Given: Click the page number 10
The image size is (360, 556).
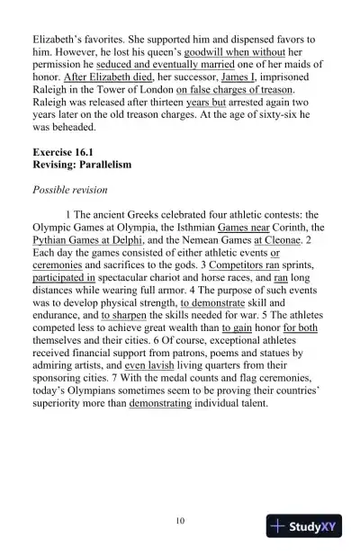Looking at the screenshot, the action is click(180, 520).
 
